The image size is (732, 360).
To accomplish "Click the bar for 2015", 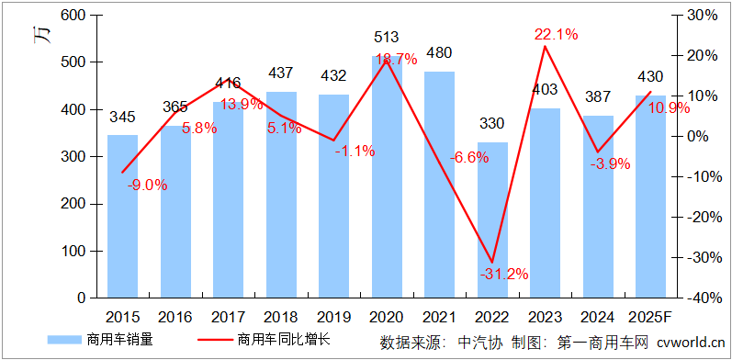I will pos(122,216).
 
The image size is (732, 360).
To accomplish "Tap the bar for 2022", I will pos(492,219).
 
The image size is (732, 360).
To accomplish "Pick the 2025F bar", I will pos(651,197).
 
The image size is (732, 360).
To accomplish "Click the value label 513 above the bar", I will pos(387,38).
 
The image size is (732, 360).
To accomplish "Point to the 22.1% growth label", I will pos(556,35).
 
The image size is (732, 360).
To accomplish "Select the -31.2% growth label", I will pos(502,274).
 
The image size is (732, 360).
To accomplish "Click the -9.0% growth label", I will pos(147,185).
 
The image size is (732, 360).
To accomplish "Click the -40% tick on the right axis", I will pos(700,298).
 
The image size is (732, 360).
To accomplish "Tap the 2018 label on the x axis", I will pos(281,317).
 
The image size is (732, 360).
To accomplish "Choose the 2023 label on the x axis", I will pos(546,317).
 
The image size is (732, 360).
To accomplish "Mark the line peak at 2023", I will pos(545,46).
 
